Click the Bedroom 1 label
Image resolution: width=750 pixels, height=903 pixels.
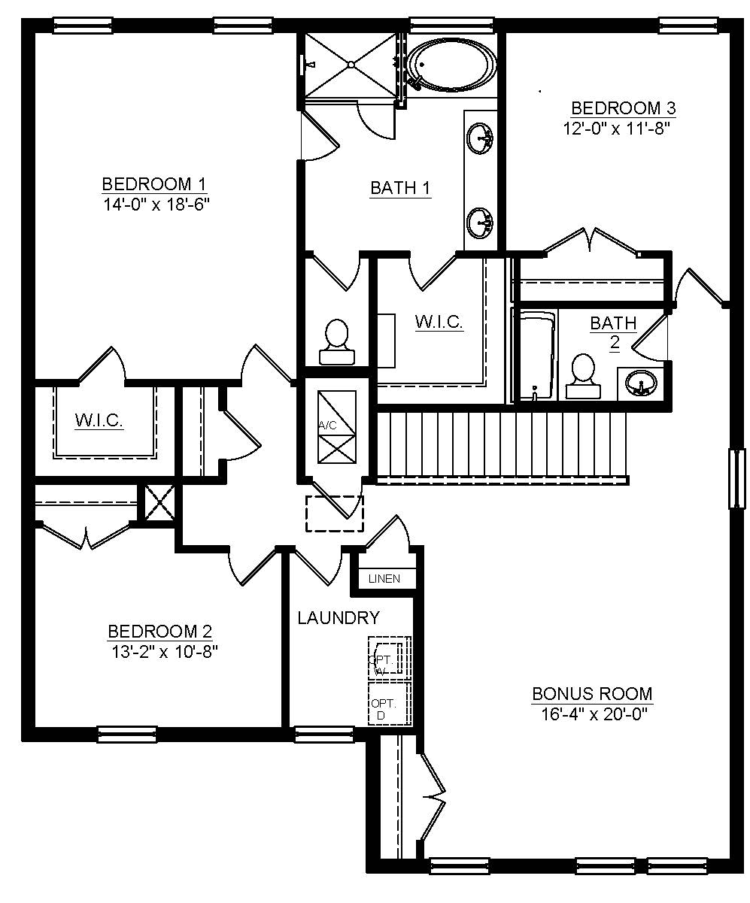click(154, 185)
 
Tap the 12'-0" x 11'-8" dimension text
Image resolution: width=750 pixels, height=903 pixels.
click(617, 129)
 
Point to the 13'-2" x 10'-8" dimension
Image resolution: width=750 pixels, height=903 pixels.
click(165, 652)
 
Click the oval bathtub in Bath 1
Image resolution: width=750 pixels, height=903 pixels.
click(452, 65)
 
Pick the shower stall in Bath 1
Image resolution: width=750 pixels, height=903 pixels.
click(351, 65)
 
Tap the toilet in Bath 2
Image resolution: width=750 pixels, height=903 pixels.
click(583, 376)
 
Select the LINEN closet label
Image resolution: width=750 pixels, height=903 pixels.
click(384, 579)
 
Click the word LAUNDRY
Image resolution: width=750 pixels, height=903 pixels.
click(339, 618)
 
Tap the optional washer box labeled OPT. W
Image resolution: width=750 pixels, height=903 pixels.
click(389, 657)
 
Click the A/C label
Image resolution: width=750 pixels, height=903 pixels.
click(327, 426)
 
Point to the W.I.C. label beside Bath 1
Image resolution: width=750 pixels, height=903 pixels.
click(439, 322)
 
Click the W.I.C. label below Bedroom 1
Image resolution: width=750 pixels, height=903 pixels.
click(99, 420)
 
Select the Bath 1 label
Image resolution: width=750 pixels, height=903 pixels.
click(400, 188)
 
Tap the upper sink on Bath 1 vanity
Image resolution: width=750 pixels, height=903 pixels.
click(481, 138)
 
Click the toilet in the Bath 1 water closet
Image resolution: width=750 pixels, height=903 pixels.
click(337, 341)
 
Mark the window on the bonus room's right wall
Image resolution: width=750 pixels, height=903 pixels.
click(737, 479)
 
